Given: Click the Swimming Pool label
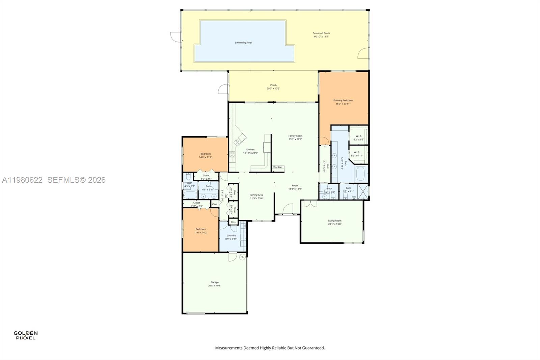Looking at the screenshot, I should [x=243, y=43].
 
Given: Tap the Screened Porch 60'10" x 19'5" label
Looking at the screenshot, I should [x=321, y=35].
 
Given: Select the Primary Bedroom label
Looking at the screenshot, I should [x=343, y=102].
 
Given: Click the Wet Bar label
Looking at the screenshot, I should [x=277, y=168].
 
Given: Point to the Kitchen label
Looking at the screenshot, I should [x=250, y=151].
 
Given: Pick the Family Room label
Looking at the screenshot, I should [x=295, y=137].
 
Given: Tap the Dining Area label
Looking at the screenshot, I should [x=256, y=197].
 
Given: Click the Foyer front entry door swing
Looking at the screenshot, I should [x=288, y=209].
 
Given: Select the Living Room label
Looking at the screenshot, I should [x=335, y=222].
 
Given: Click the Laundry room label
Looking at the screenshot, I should [x=231, y=237].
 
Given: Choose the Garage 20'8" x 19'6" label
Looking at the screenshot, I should [x=215, y=284].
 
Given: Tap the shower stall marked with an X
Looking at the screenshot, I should [x=363, y=191].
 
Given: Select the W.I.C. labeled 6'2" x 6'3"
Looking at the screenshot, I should [x=359, y=138].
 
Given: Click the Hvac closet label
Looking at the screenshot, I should [x=233, y=193].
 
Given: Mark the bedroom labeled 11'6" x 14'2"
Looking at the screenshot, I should [x=200, y=231].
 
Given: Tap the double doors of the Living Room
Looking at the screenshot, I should [x=310, y=204].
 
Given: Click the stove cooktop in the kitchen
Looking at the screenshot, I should [x=233, y=155].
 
